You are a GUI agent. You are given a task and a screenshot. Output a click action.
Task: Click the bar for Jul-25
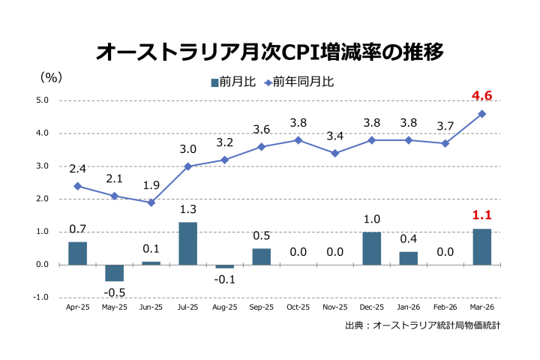point(187,243)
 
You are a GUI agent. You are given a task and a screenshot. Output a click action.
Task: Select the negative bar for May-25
point(114,273)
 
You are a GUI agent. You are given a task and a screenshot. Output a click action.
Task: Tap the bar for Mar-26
point(481,247)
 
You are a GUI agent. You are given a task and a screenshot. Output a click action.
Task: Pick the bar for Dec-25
point(371,248)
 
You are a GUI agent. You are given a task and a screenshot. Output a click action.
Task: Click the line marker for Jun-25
point(151,202)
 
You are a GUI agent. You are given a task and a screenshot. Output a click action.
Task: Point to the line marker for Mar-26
point(481,114)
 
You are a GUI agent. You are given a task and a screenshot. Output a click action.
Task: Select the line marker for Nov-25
point(334,153)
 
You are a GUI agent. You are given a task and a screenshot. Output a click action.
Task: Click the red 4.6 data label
point(481,96)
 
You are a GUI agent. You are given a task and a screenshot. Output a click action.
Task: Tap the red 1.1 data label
point(481,215)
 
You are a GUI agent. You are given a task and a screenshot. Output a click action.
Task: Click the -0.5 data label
point(114,292)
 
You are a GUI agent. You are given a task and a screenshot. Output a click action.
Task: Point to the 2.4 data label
point(77,169)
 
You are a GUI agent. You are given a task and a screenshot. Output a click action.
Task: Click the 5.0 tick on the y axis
point(42,100)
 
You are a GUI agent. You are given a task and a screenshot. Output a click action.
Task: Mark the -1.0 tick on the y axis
point(40,298)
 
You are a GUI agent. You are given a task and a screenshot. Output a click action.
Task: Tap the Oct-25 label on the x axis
point(298,307)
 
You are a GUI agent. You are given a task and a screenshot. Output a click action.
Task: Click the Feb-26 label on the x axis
point(445,307)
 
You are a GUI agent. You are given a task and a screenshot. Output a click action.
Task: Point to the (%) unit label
point(51,76)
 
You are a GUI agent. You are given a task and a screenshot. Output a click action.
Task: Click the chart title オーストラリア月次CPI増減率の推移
point(270,52)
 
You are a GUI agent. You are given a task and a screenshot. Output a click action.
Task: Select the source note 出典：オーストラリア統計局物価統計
point(422,325)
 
